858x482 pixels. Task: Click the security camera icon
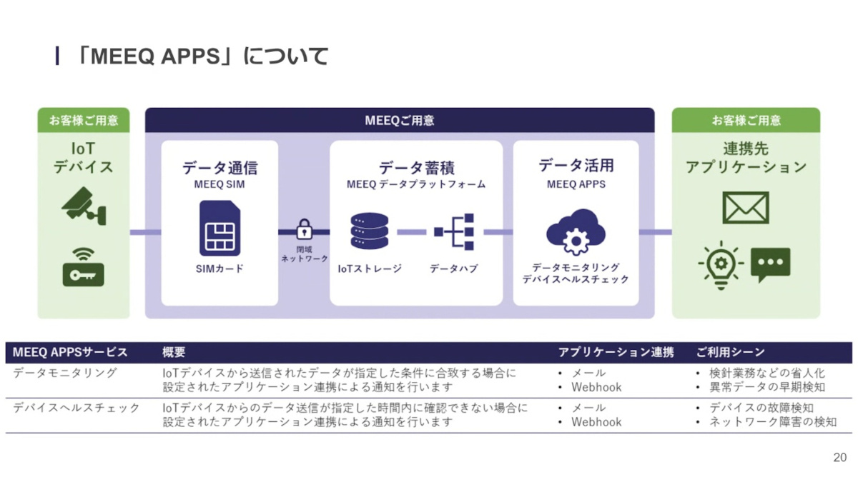tap(84, 206)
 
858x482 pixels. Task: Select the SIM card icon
tap(220, 229)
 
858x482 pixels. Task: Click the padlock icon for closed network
tap(305, 230)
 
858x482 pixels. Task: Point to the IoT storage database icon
tap(369, 231)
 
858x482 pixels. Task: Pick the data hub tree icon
tap(455, 231)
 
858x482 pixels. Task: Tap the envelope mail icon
tap(746, 208)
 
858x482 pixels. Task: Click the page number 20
tap(839, 458)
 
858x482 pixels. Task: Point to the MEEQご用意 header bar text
tap(400, 120)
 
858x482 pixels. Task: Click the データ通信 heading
tap(220, 168)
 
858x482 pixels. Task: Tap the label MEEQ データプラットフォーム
tap(416, 184)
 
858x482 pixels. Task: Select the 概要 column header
tap(174, 352)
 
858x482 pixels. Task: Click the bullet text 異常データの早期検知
tap(766, 387)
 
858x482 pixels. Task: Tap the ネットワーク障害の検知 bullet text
tap(772, 422)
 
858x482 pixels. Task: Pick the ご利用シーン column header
tap(730, 352)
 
